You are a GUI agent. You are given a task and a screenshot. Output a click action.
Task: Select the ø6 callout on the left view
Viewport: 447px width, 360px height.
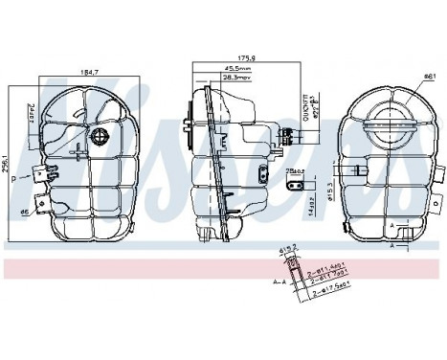click(x=22, y=213)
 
